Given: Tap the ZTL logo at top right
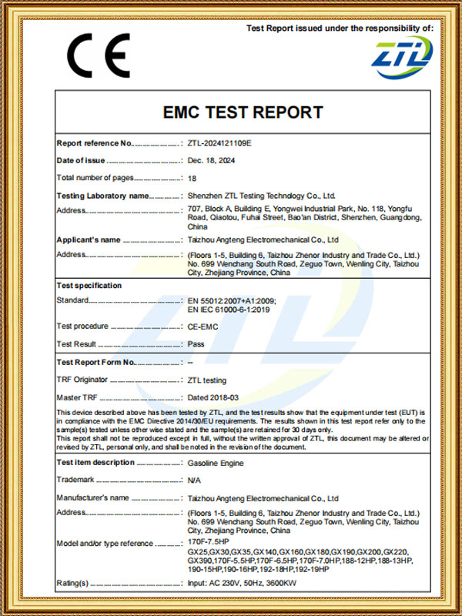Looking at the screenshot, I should pyautogui.click(x=403, y=55).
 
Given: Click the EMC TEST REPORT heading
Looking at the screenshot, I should pyautogui.click(x=243, y=113).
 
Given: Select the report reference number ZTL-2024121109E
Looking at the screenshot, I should pyautogui.click(x=219, y=143).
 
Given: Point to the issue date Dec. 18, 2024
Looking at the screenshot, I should pyautogui.click(x=211, y=161).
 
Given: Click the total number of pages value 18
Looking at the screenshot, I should pyautogui.click(x=192, y=178).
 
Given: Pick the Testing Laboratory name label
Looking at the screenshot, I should pyautogui.click(x=102, y=196).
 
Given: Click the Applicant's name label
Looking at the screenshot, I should pyautogui.click(x=89, y=239).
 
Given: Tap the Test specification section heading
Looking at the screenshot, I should pyautogui.click(x=89, y=286).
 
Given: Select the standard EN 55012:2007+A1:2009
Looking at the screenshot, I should pyautogui.click(x=231, y=300).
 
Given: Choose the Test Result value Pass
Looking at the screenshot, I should pyautogui.click(x=196, y=344).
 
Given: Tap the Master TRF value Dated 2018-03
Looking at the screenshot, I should pyautogui.click(x=213, y=397).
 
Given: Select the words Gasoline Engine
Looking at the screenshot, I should pyautogui.click(x=216, y=463).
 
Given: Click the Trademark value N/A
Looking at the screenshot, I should pyautogui.click(x=195, y=480).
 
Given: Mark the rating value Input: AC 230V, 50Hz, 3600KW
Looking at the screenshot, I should pyautogui.click(x=242, y=584).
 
